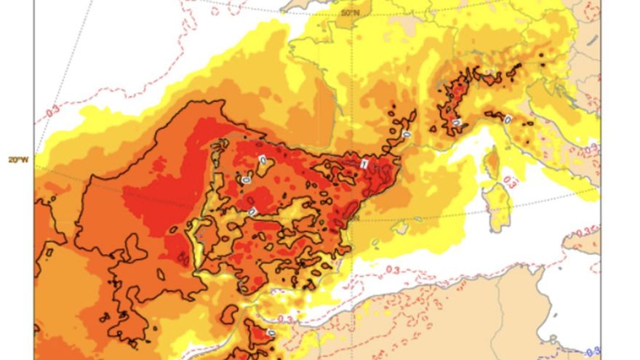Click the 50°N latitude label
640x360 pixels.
351,12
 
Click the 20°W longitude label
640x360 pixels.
17,159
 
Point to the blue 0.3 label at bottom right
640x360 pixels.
593,351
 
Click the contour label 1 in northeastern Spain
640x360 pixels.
363,164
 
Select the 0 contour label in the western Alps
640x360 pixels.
456,122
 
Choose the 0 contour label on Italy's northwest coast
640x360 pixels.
507,119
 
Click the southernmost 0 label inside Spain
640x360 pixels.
252,211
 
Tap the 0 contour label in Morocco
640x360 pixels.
271,333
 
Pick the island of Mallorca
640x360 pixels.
398,227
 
